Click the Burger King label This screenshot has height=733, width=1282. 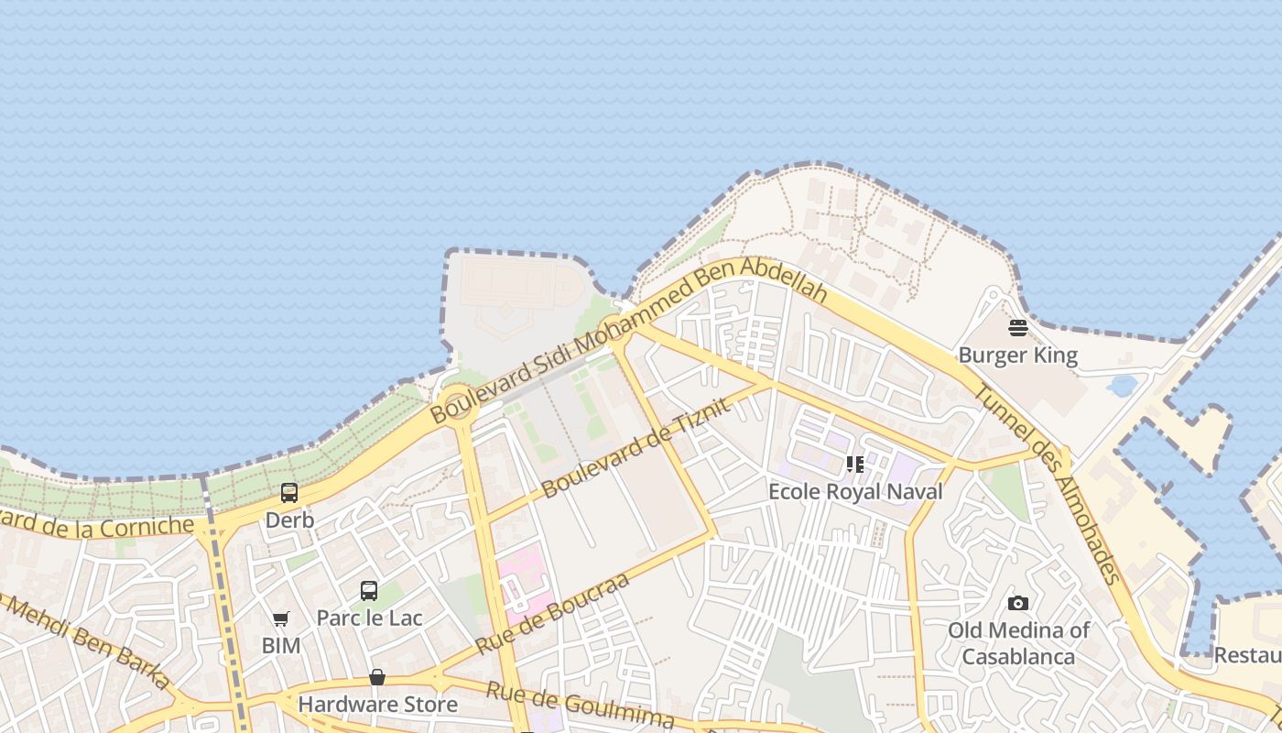point(1017,355)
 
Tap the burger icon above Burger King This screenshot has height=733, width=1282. point(1017,328)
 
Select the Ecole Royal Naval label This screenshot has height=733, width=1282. point(854,491)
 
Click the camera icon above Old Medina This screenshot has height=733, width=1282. point(1017,603)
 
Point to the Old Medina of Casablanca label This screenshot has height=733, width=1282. point(1017,643)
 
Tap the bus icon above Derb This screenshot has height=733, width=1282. point(289,493)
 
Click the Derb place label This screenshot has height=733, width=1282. point(289,520)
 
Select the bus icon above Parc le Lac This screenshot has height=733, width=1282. point(369,591)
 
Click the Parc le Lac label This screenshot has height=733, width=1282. point(369,618)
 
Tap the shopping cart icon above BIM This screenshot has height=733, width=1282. point(280,619)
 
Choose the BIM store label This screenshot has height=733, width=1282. point(280,645)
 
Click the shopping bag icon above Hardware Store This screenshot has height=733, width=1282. point(376,677)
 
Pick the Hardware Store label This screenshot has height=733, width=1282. point(377,704)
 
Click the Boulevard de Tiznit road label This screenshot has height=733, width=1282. point(637,447)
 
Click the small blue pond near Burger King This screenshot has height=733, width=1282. point(1122,385)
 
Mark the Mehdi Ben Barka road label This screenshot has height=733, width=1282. point(87,640)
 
